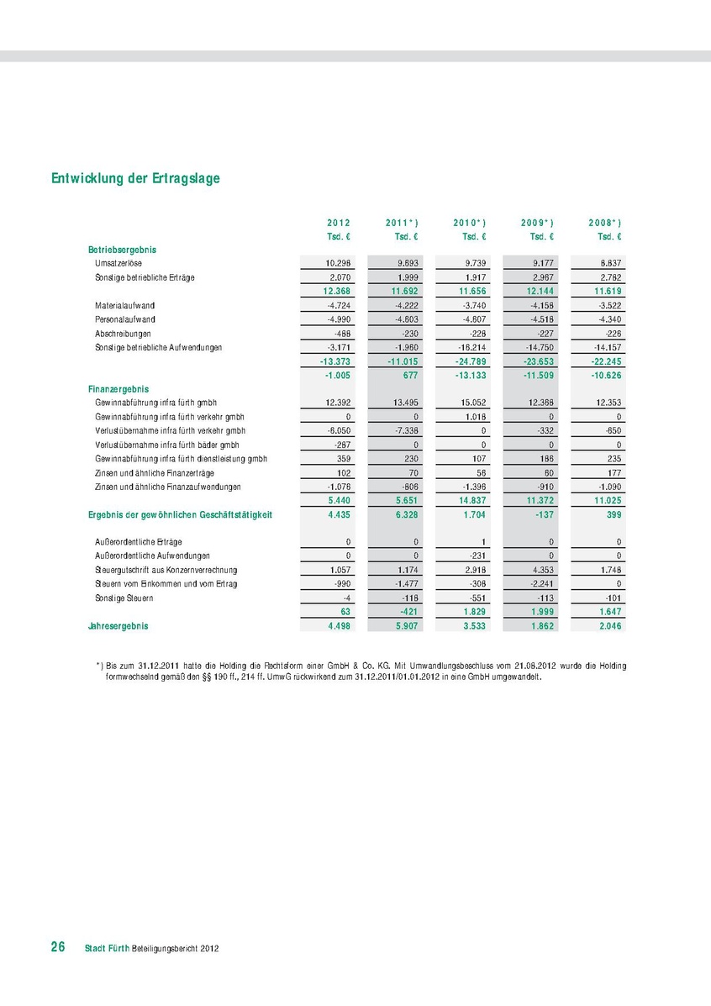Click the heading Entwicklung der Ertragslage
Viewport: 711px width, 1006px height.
coord(135,178)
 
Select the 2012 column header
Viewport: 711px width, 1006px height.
coord(339,223)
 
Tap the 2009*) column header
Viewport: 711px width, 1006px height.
coord(537,223)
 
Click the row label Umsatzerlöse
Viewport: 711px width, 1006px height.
coord(118,264)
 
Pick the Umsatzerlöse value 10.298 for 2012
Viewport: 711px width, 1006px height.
coord(338,264)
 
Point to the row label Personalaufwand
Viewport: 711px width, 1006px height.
coord(125,319)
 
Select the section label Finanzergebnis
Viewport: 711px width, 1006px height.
coord(118,389)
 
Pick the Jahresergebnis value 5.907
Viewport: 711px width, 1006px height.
coord(405,626)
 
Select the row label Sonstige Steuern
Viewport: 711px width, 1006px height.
coord(124,598)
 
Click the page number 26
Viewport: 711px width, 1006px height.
coord(58,947)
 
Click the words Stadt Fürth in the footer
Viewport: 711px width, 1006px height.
coord(107,948)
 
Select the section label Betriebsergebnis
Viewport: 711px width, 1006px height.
coord(122,250)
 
